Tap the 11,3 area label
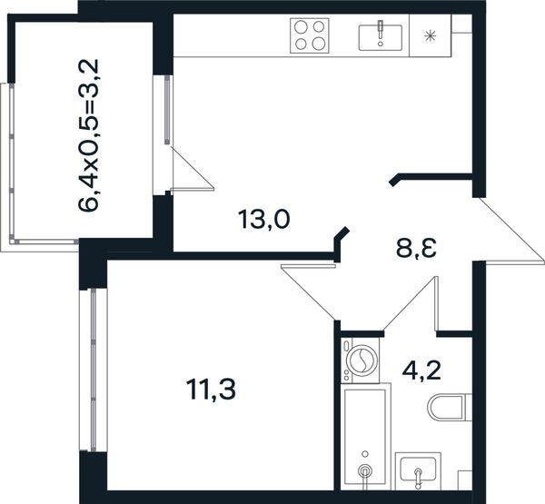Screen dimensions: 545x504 coord(211,390)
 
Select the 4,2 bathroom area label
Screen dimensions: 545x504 coord(421,371)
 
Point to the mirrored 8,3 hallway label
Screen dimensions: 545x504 coord(416,248)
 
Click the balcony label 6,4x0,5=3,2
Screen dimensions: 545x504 coord(89,135)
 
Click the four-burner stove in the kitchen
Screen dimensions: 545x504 coord(310,35)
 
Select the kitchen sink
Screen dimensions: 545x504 coord(381,37)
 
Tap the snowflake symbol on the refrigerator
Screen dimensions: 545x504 coord(431,35)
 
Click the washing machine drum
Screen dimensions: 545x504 coord(362,360)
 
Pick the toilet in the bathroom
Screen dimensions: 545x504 coord(450,407)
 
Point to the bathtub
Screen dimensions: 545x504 coord(366,437)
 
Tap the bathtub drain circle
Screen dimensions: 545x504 coord(364,470)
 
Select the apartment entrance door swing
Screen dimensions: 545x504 coord(509,232)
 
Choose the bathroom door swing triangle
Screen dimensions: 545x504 coord(411,303)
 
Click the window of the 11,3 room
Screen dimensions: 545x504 coord(94,371)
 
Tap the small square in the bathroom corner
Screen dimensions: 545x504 coord(465,480)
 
